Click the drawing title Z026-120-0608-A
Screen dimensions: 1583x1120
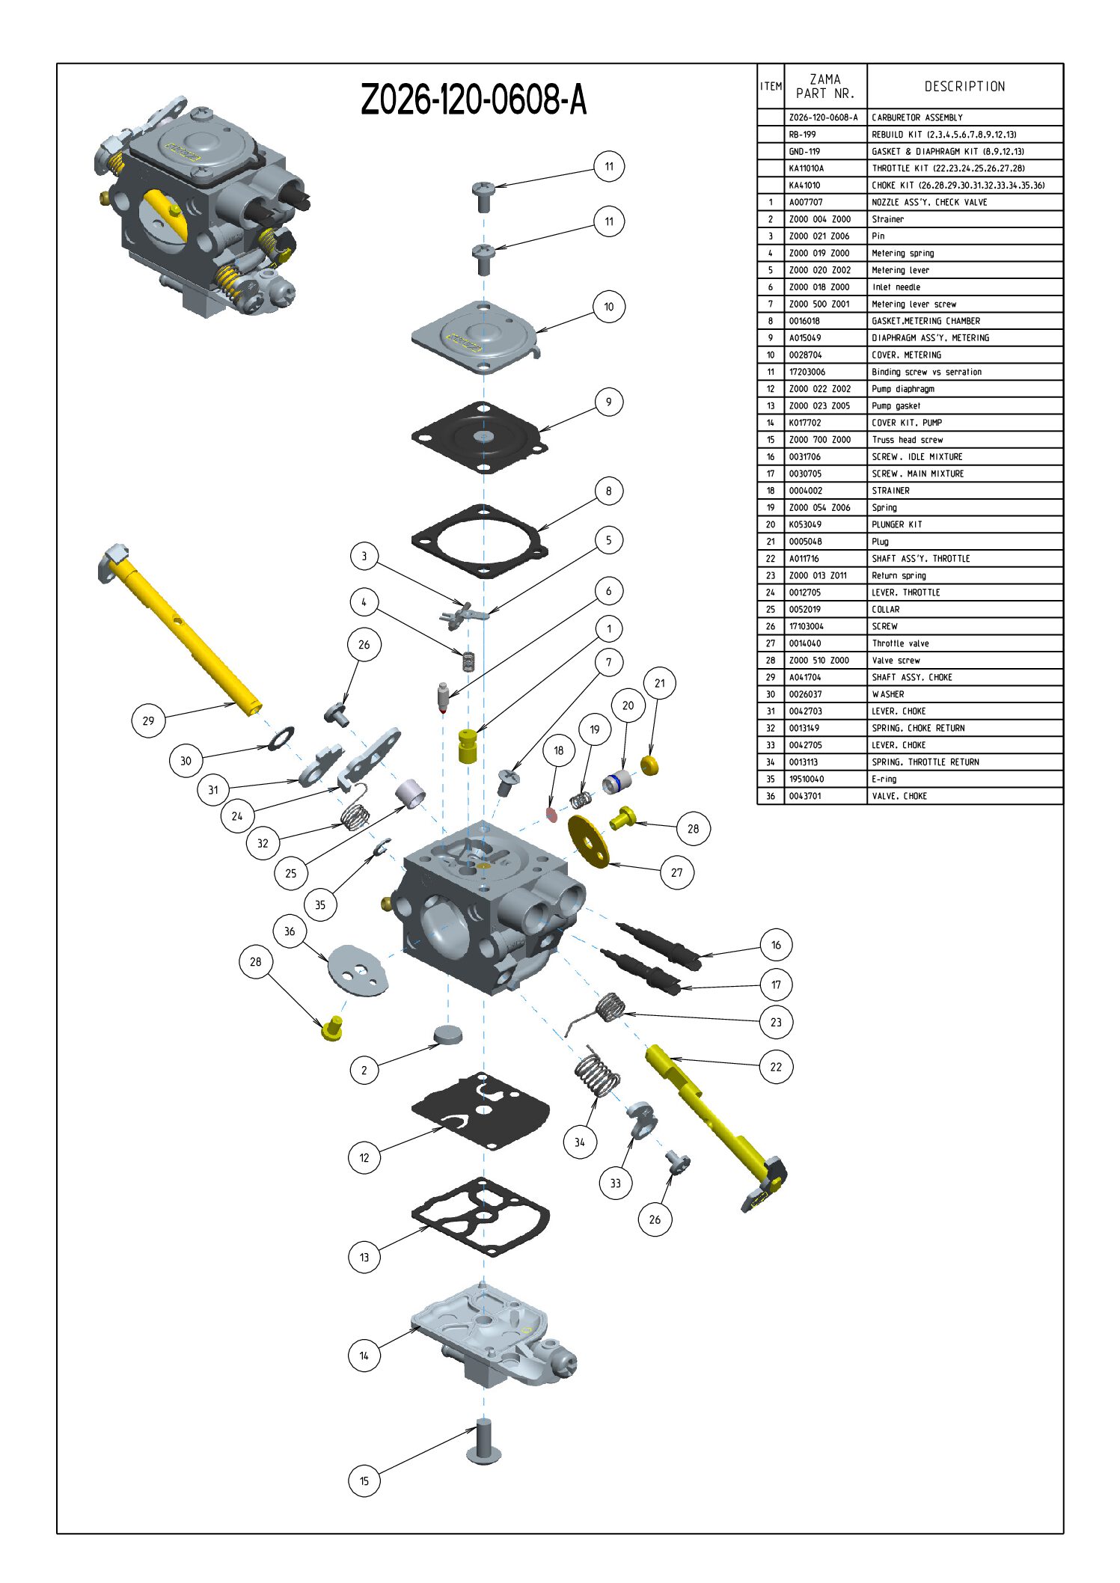coord(473,99)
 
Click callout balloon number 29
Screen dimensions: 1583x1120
coord(148,720)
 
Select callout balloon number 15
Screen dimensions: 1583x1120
coord(364,1481)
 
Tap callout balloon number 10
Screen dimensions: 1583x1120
coord(609,307)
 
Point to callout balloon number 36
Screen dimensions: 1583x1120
coord(290,931)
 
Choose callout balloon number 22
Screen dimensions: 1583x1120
coord(776,1067)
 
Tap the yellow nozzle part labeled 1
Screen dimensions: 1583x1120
coord(468,747)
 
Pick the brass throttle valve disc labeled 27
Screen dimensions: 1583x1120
coord(589,842)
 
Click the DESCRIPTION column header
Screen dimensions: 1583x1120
coord(964,87)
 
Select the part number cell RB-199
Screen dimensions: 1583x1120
coord(803,135)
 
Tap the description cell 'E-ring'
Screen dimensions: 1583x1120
coord(884,779)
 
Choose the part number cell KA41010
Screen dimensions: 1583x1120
coord(805,186)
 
